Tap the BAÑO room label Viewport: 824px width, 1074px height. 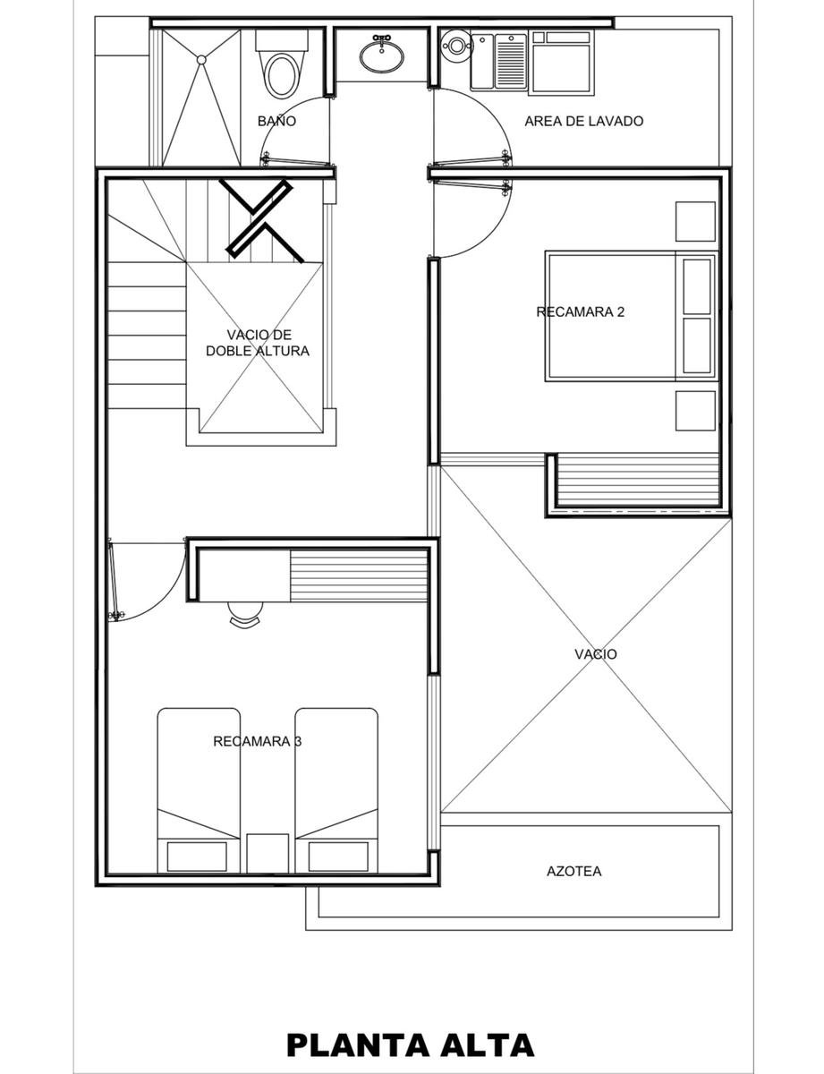tap(276, 121)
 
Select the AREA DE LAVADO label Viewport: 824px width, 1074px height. tap(583, 121)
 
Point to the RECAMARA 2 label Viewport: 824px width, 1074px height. tap(580, 311)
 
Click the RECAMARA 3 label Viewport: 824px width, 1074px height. tap(257, 741)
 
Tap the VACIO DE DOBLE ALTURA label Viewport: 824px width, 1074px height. tap(258, 343)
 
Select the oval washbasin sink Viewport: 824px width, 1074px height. tap(381, 56)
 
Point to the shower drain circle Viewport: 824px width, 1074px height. tap(201, 60)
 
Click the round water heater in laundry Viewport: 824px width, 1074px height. tap(457, 46)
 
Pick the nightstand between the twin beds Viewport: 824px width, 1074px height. tap(268, 854)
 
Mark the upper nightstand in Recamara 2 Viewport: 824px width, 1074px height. tap(695, 221)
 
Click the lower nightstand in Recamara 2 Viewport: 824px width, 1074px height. tap(695, 411)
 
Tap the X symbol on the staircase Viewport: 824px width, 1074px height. tap(260, 219)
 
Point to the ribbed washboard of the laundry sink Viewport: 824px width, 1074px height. tap(511, 62)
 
